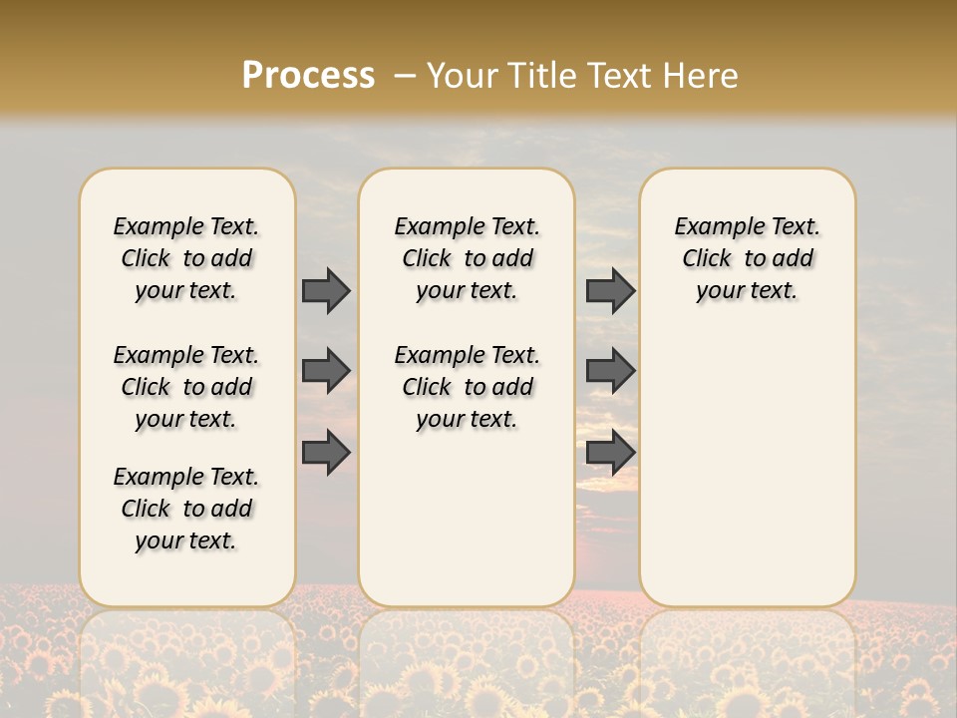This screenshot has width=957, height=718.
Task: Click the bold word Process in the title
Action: pos(308,76)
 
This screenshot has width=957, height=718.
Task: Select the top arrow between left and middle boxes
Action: pos(326,290)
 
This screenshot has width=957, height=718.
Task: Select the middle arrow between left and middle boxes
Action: pos(326,371)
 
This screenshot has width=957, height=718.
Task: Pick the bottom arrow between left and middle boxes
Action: pos(326,452)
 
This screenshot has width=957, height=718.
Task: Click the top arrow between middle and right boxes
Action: pos(610,290)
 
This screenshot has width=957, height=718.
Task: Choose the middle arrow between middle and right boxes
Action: pos(610,371)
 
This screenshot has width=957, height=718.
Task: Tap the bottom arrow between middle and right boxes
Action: pos(610,452)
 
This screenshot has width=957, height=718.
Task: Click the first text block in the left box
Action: pos(186,258)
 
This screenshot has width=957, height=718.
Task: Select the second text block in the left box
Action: pos(186,387)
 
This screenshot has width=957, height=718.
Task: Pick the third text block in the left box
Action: pos(186,509)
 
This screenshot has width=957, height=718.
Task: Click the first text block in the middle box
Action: pos(467,258)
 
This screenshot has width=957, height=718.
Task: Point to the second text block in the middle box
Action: pos(467,387)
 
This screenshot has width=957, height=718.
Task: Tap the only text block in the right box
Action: pos(747,258)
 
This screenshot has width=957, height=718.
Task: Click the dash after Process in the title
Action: pos(404,76)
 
